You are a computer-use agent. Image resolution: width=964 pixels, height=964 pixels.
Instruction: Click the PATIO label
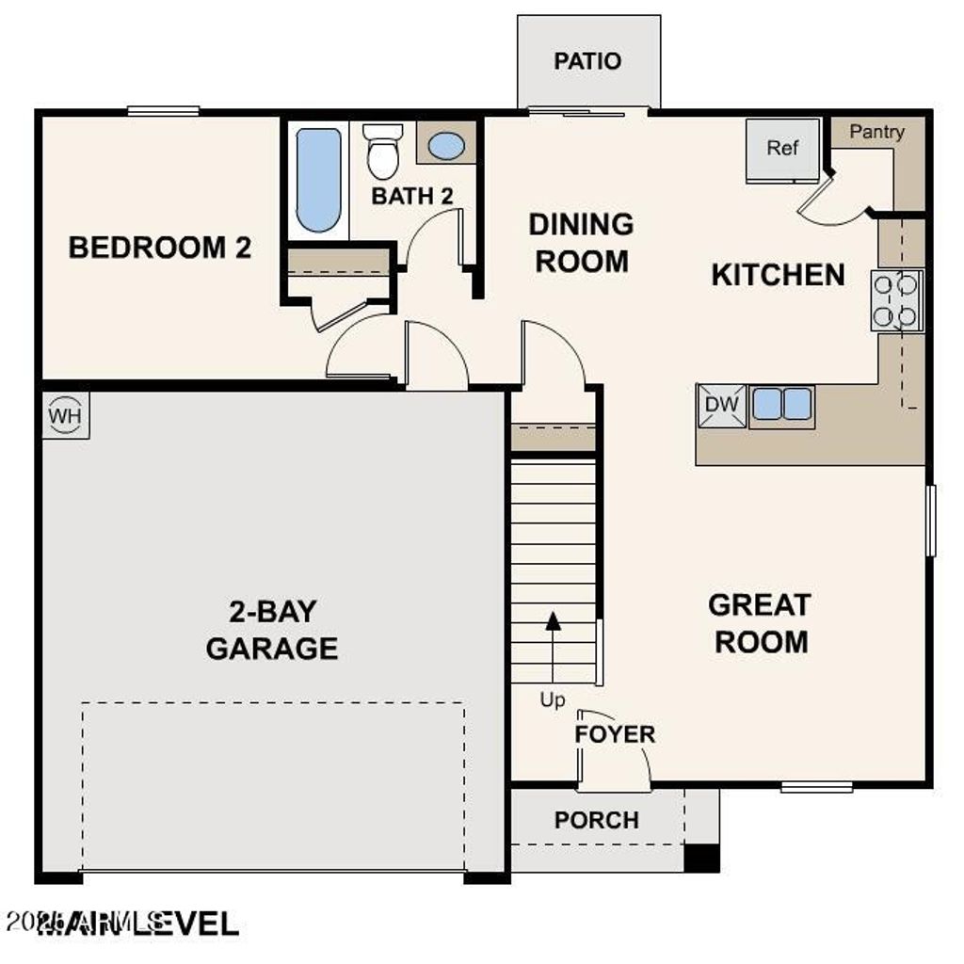click(587, 61)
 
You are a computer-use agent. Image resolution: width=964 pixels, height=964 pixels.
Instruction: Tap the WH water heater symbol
click(65, 415)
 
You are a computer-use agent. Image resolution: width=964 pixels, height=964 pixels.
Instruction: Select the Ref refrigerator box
click(782, 148)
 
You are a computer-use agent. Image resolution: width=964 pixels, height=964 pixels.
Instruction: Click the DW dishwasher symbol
click(720, 406)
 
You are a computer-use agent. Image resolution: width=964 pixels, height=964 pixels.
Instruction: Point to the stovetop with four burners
click(895, 300)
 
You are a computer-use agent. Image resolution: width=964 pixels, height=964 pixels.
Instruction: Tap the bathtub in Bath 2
click(318, 180)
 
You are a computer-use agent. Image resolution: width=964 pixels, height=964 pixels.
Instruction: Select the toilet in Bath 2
click(383, 151)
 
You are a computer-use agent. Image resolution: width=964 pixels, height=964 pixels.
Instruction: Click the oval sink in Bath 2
click(445, 146)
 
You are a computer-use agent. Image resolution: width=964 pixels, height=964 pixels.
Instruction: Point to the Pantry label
click(876, 132)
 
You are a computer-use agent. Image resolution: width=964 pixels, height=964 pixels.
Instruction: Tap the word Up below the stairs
click(553, 700)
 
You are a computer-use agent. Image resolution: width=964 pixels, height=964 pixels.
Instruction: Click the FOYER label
click(615, 734)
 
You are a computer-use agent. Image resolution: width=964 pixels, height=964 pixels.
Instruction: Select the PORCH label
click(596, 820)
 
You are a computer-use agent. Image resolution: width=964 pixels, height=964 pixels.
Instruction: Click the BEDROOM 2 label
click(160, 248)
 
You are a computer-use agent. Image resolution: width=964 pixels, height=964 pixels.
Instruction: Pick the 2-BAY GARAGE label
click(272, 630)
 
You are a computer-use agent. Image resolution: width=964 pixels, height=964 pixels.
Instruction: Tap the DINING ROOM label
click(581, 243)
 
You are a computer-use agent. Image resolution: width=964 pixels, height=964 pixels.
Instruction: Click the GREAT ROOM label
click(760, 622)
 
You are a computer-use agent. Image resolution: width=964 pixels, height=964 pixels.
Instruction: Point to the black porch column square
click(700, 858)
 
